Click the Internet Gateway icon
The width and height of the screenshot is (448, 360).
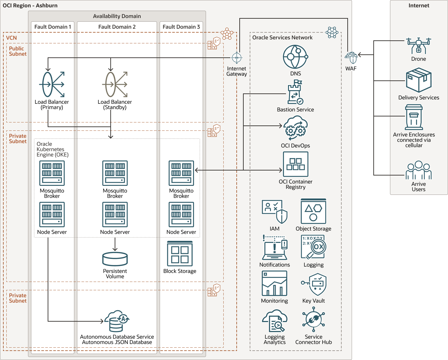pos(237,57)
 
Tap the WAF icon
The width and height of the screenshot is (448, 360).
pos(351,58)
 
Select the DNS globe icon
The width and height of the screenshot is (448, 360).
pos(295,57)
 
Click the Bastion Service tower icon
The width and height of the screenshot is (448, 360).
pos(295,92)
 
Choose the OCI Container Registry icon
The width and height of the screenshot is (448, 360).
pos(296,164)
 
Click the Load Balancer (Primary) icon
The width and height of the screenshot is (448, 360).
pos(52,84)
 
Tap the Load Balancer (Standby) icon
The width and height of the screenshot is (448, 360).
pos(115,84)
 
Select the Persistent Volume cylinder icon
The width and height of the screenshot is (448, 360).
pos(115,259)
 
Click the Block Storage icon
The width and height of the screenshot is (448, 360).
pos(180,254)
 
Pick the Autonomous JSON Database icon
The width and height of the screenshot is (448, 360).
pos(117,321)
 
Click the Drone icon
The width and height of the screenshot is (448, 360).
pos(419,46)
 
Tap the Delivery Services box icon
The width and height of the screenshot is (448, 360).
pos(419,80)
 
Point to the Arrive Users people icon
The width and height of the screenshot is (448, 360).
pos(419,170)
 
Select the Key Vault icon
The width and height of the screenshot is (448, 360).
pos(314,285)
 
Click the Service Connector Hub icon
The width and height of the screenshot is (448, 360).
pos(314,319)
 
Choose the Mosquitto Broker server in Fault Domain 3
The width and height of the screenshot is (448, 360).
pos(181,173)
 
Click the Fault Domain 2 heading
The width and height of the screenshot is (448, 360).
pos(117,27)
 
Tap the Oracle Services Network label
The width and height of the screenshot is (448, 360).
pos(282,37)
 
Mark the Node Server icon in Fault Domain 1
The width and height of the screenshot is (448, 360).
pos(52,215)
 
